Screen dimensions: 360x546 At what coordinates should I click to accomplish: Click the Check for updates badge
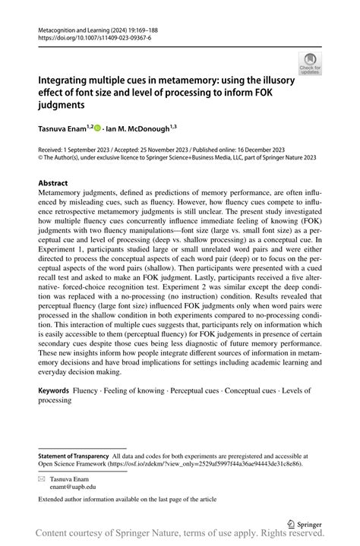310,64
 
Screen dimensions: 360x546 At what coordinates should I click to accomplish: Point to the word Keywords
54,390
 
